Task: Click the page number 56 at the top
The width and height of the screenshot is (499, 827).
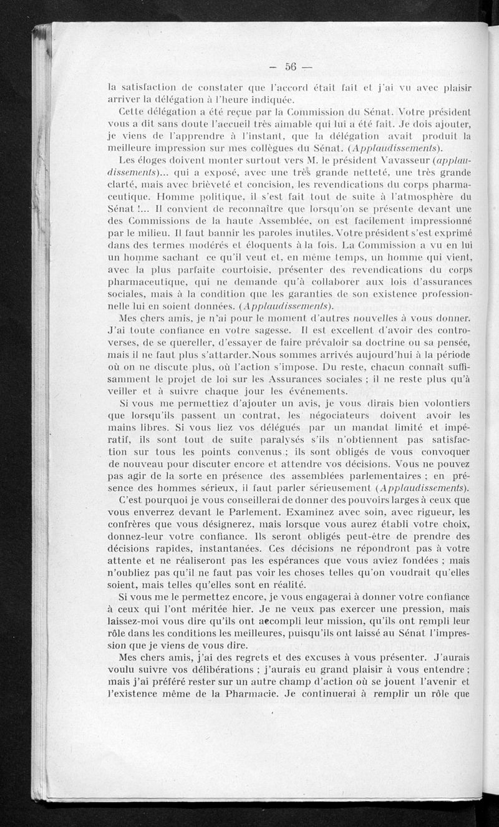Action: tap(290, 66)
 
